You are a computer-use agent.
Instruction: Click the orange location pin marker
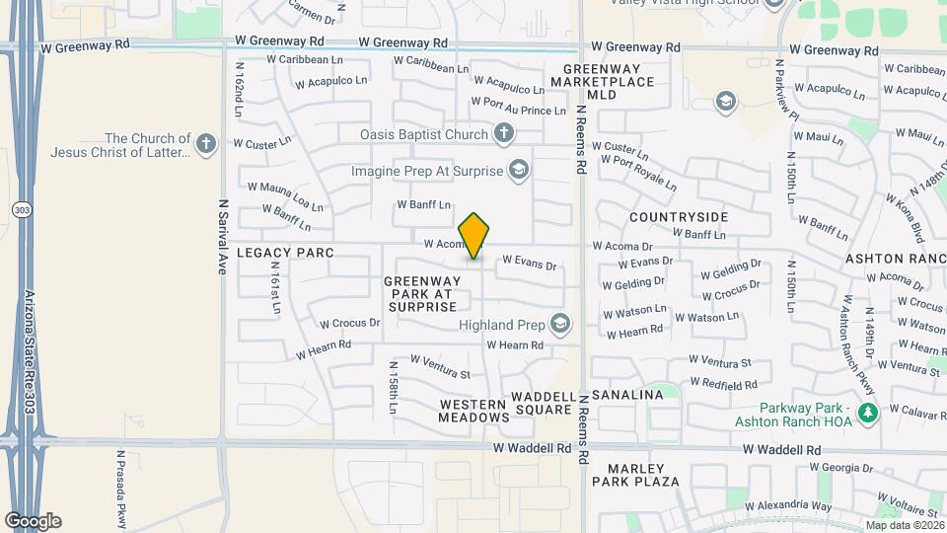click(474, 236)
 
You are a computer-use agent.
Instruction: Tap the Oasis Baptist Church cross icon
click(503, 133)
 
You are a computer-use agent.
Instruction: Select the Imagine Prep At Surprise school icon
click(517, 170)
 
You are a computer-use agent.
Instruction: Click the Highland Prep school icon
click(560, 324)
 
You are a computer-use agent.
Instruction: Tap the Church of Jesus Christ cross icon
click(205, 145)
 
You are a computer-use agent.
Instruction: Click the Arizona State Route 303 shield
click(20, 210)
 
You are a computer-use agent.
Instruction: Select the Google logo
click(33, 520)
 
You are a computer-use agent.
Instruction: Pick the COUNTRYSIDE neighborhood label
click(679, 217)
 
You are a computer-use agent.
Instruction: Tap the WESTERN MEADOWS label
click(473, 411)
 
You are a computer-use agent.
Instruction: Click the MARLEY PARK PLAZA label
click(636, 475)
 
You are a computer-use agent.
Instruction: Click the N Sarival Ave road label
click(222, 236)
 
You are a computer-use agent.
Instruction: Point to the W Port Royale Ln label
click(638, 172)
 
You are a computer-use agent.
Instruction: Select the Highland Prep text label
click(501, 324)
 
